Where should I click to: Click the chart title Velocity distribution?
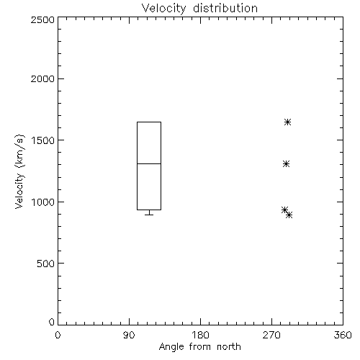pyautogui.click(x=199, y=9)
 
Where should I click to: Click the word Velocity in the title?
pyautogui.click(x=163, y=9)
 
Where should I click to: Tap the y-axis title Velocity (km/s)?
pyautogui.click(x=19, y=171)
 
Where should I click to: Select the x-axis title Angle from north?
pyautogui.click(x=200, y=347)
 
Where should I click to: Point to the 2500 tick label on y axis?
pyautogui.click(x=42, y=19)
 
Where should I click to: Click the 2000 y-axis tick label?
pyautogui.click(x=42, y=79)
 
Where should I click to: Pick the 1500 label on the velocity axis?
pyautogui.click(x=43, y=140)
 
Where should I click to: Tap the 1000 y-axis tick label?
pyautogui.click(x=43, y=202)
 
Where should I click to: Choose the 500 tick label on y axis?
pyautogui.click(x=46, y=264)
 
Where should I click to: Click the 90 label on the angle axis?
pyautogui.click(x=129, y=335)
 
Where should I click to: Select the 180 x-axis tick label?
pyautogui.click(x=200, y=335)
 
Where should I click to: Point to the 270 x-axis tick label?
pyautogui.click(x=271, y=335)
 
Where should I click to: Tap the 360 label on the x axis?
pyautogui.click(x=343, y=335)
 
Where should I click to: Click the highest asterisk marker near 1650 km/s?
pyautogui.click(x=288, y=122)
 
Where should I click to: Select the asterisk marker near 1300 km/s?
pyautogui.click(x=286, y=164)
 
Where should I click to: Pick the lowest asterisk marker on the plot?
pyautogui.click(x=289, y=215)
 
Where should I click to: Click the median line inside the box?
pyautogui.click(x=149, y=163)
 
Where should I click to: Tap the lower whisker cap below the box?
pyautogui.click(x=149, y=215)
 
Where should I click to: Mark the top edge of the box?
pyautogui.click(x=149, y=122)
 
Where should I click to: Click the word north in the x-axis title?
pyautogui.click(x=229, y=347)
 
